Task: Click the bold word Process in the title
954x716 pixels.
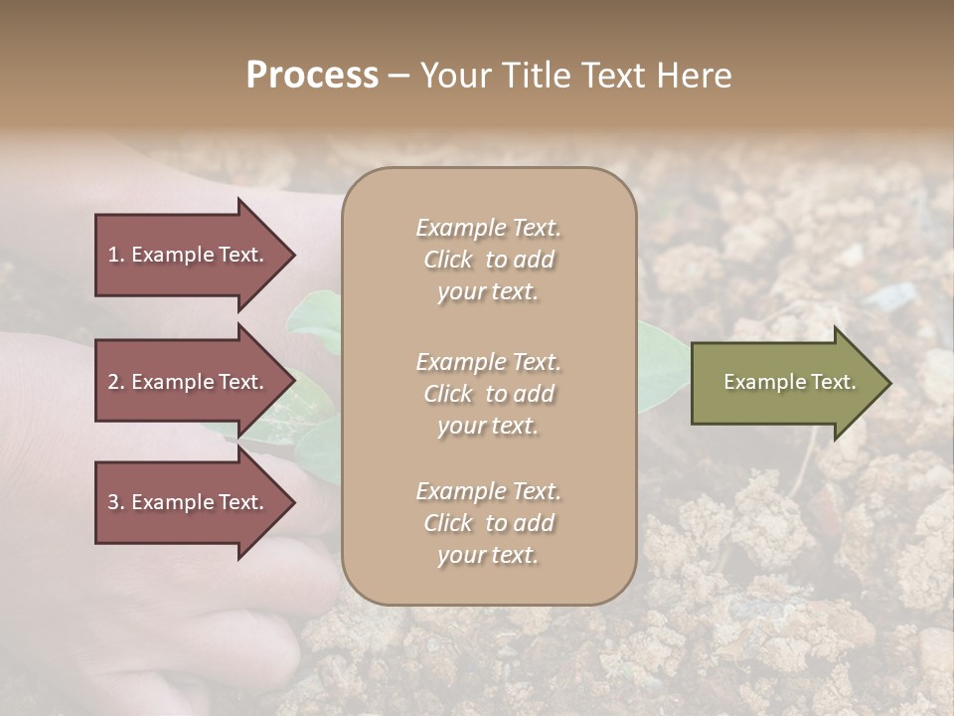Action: coord(312,76)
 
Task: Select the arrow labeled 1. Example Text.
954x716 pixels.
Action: coord(189,255)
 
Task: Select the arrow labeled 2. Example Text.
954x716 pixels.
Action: coord(189,382)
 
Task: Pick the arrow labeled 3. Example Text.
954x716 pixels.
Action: coord(189,502)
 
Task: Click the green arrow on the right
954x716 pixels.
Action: coord(785,383)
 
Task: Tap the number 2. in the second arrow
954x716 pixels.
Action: coord(116,382)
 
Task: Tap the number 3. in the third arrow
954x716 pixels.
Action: coord(116,502)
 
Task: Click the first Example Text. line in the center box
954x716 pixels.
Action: coord(488,228)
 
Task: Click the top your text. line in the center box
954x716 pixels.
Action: coord(488,292)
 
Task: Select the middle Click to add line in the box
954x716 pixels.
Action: coord(488,394)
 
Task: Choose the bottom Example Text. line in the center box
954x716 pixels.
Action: coord(488,491)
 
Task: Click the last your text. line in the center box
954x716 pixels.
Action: coord(488,556)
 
